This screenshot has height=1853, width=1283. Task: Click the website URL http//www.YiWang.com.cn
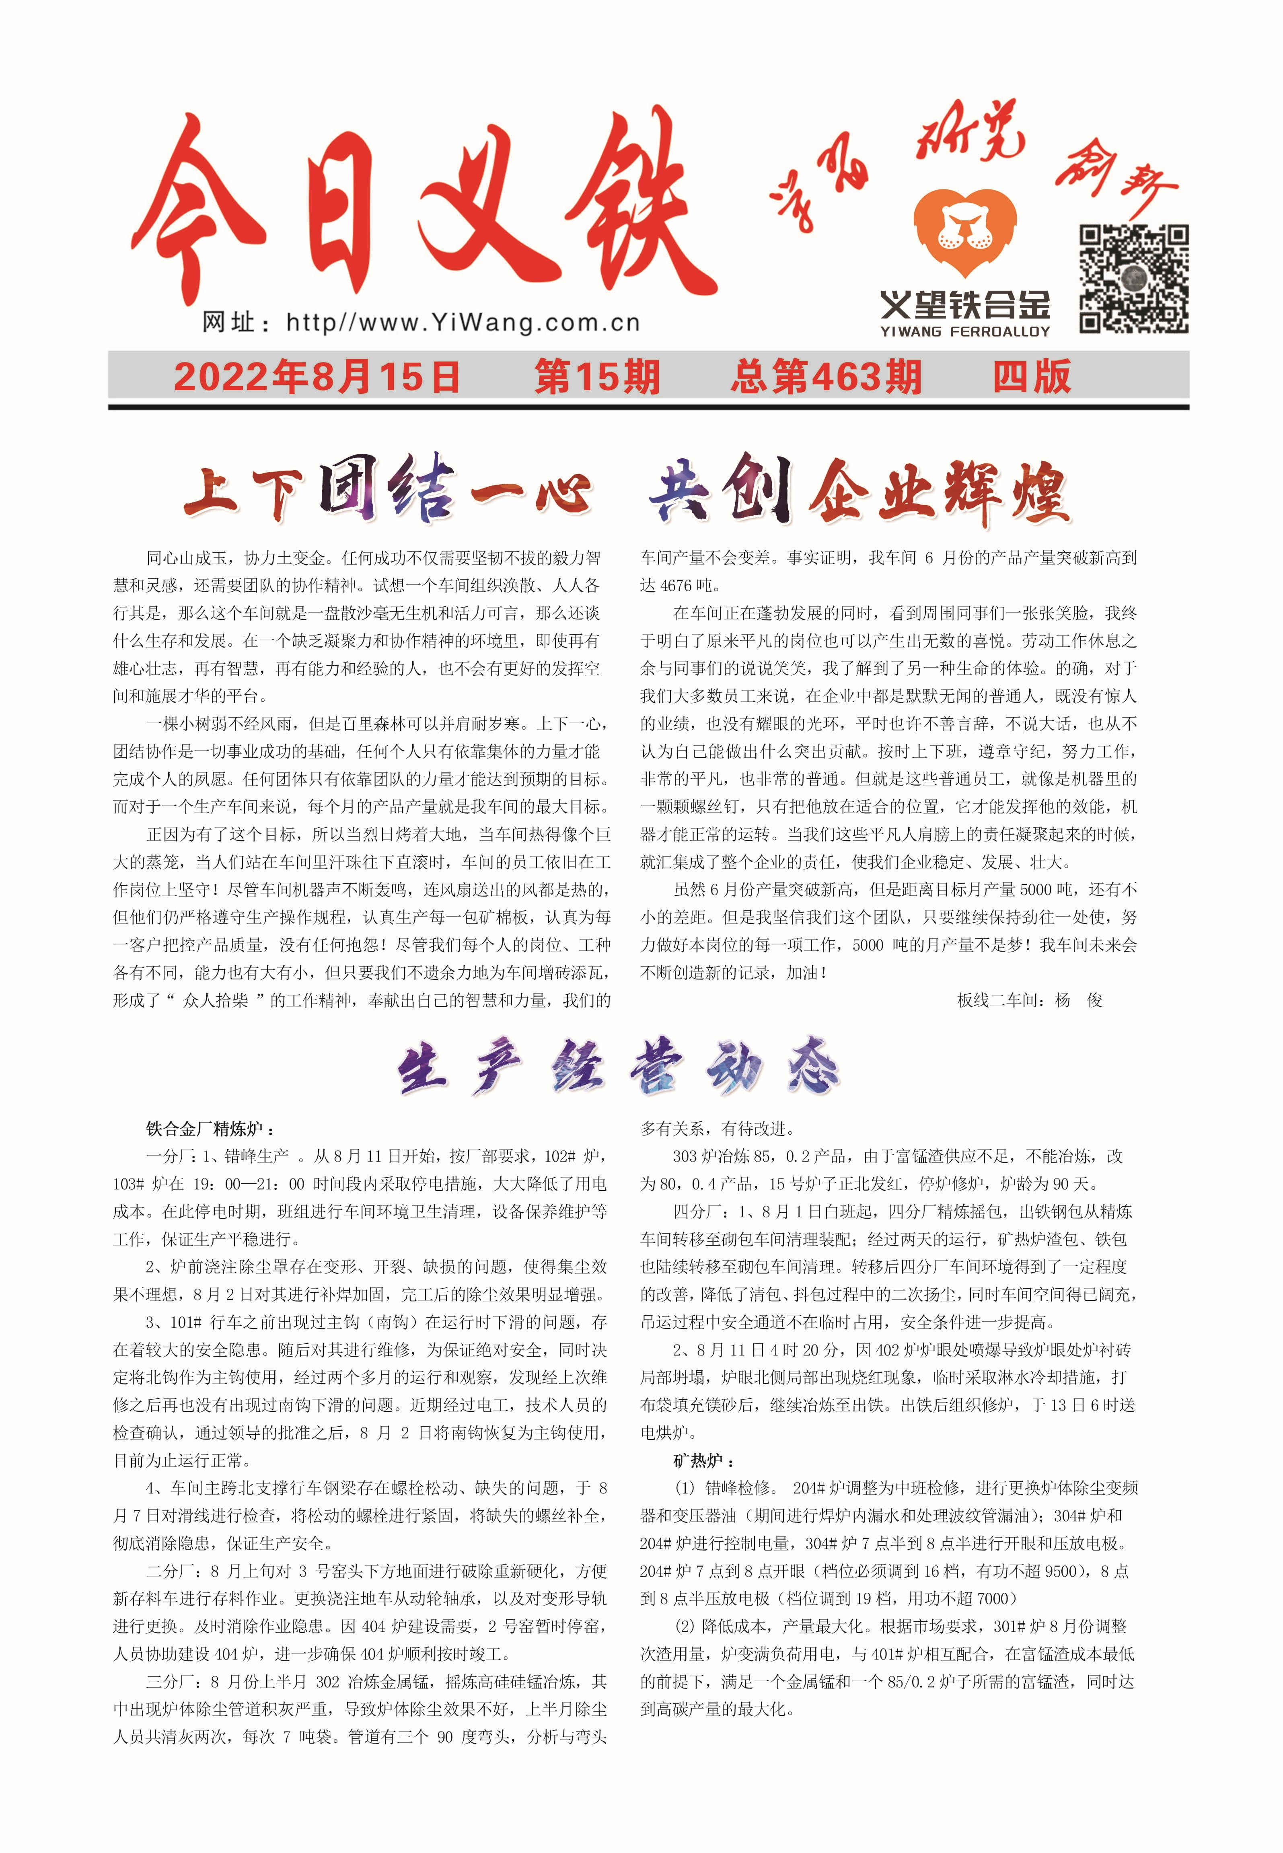pos(462,323)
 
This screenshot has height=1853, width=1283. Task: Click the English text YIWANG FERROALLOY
pos(964,331)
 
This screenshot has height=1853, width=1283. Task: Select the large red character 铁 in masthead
pos(635,205)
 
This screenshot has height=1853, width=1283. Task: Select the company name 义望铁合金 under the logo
pos(964,306)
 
